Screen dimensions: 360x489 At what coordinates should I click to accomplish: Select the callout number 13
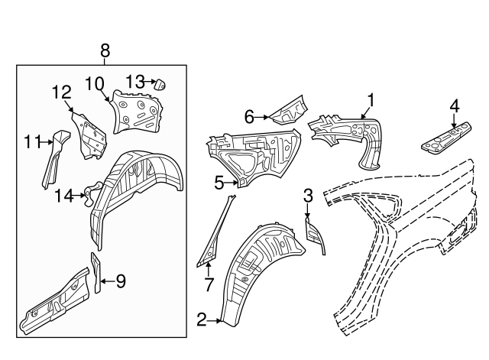(134, 81)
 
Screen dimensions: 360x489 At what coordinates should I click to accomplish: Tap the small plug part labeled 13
(161, 85)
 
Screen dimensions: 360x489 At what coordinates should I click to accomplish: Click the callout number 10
(96, 83)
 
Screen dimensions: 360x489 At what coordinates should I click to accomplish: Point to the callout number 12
(61, 92)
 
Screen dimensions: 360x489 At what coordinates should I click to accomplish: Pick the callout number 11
(31, 141)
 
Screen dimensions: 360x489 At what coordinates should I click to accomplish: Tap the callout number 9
(120, 281)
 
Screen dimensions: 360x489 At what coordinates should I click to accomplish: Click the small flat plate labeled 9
(96, 272)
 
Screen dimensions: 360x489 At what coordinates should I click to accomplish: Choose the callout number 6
(248, 116)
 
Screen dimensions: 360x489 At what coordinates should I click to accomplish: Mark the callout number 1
(371, 99)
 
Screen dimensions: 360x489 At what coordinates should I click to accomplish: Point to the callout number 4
(454, 105)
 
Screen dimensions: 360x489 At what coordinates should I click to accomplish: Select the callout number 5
(219, 183)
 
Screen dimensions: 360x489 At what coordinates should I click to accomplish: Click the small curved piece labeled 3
(316, 233)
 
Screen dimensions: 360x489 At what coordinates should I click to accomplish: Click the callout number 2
(202, 320)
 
